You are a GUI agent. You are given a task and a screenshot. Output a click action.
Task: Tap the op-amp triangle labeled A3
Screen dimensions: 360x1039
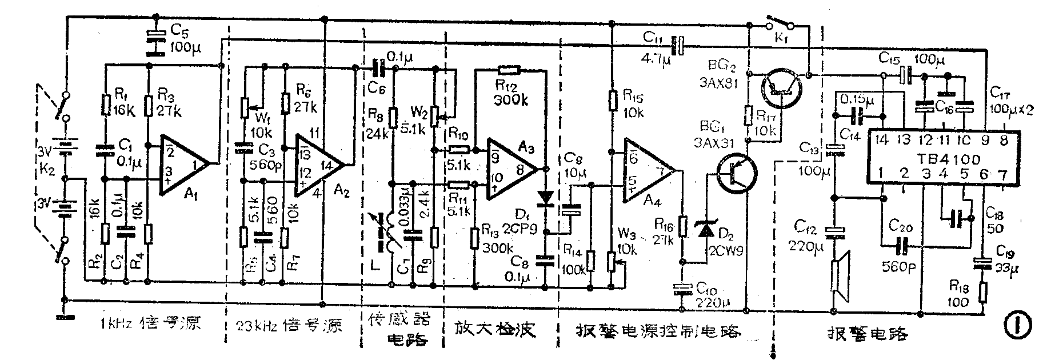[x=510, y=169]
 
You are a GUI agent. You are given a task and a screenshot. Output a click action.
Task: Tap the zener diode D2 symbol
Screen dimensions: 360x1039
[x=706, y=230]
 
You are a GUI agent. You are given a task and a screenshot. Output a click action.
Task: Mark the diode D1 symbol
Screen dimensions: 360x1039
[x=545, y=198]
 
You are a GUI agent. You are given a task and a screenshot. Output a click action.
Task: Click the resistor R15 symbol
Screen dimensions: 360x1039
[x=612, y=102]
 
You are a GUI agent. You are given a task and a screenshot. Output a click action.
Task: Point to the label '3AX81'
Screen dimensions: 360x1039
[x=718, y=83]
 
